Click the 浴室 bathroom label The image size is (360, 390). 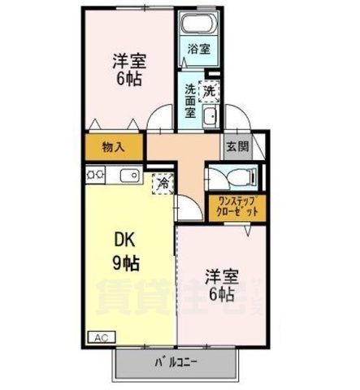[x=198, y=49]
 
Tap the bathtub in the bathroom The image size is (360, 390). [x=198, y=24]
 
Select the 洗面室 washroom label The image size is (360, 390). [x=189, y=101]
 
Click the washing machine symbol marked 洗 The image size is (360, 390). [x=209, y=91]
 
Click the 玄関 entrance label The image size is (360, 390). [x=236, y=148]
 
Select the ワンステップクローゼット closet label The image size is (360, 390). [x=235, y=206]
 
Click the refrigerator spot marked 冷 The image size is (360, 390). [x=163, y=183]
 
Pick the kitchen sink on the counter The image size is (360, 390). [x=129, y=174]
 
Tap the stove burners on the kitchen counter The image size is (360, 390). [x=94, y=173]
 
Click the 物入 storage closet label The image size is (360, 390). [x=113, y=148]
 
